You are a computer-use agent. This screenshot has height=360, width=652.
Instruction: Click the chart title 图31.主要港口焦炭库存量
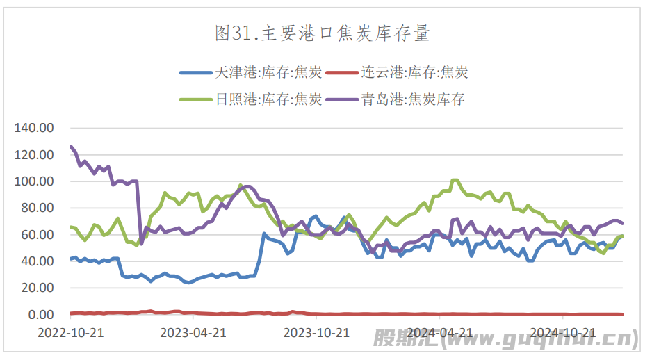pyautogui.click(x=323, y=33)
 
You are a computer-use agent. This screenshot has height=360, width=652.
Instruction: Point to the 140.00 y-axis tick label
pyautogui.click(x=35, y=128)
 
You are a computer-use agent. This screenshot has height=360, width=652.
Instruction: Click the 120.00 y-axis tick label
pyautogui.click(x=35, y=154)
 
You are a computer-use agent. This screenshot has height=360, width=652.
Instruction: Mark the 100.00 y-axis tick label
pyautogui.click(x=35, y=181)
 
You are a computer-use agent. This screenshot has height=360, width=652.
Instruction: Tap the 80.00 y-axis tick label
pyautogui.click(x=38, y=208)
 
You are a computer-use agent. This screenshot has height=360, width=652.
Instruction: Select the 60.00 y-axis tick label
pyautogui.click(x=38, y=235)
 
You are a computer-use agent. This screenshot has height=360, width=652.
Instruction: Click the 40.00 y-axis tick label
pyautogui.click(x=38, y=261)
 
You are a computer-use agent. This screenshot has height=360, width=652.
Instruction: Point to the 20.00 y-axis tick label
pyautogui.click(x=38, y=288)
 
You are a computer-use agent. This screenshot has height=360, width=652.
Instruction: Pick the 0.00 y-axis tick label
pyautogui.click(x=40, y=315)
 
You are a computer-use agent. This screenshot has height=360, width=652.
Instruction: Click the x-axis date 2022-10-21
pyautogui.click(x=70, y=332)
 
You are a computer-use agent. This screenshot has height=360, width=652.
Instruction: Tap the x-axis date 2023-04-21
pyautogui.click(x=194, y=332)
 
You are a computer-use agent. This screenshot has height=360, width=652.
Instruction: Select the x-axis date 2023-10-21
pyautogui.click(x=317, y=332)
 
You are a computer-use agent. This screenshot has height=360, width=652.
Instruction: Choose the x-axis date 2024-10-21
pyautogui.click(x=563, y=332)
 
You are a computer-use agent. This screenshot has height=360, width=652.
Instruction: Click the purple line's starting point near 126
pyautogui.click(x=71, y=147)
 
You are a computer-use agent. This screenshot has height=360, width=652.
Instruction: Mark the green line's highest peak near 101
pyautogui.click(x=455, y=180)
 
